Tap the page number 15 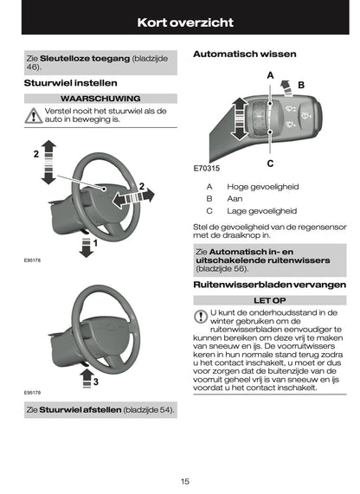tap(185, 481)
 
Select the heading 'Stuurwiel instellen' tap(64, 83)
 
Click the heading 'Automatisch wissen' tap(244, 54)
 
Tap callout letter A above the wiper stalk tap(270, 75)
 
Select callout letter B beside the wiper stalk tap(301, 85)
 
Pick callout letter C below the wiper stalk tap(270, 163)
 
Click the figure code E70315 tap(208, 168)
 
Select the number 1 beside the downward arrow tap(95, 244)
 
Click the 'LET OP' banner tap(269, 299)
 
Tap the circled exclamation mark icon tap(202, 316)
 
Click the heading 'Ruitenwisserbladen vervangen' tap(269, 284)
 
